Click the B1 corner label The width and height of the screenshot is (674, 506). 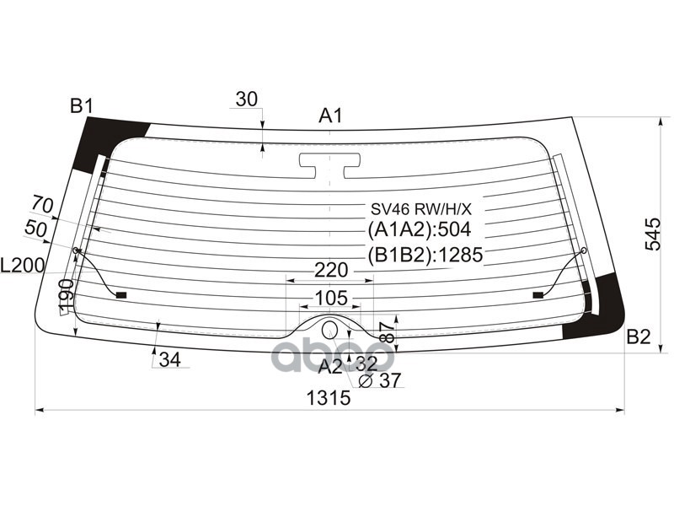(x=81, y=106)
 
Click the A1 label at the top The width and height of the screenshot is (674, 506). (x=330, y=116)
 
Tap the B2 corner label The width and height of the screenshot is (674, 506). (x=639, y=337)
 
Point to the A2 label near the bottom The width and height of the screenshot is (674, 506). (x=330, y=365)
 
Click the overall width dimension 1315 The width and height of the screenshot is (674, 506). (x=329, y=399)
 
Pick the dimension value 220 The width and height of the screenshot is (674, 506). (x=331, y=271)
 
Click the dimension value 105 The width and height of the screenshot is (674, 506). (x=331, y=297)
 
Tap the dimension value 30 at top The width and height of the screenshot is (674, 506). (x=246, y=99)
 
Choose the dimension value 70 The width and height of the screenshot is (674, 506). (x=43, y=204)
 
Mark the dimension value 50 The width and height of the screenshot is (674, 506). (x=35, y=228)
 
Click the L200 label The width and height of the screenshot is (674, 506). (x=23, y=266)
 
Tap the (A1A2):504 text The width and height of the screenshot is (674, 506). (x=419, y=229)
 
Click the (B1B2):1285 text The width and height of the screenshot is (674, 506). (x=425, y=255)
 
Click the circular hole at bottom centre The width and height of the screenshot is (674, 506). (x=330, y=329)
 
